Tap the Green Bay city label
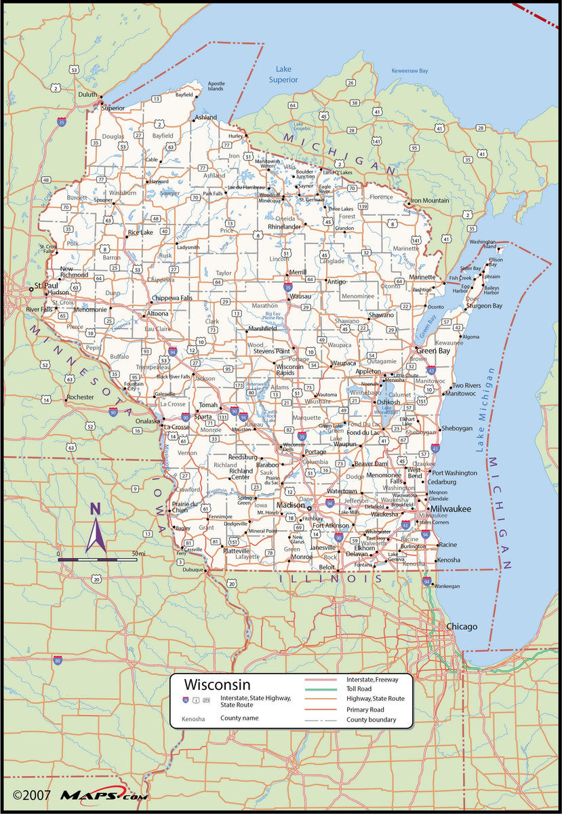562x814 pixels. (433, 351)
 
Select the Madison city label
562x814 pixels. (290, 505)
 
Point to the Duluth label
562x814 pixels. (87, 95)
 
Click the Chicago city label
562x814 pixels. (461, 626)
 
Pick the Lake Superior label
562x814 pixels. (283, 75)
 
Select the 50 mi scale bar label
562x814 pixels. (139, 554)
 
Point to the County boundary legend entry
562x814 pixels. (372, 719)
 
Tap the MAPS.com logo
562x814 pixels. (93, 794)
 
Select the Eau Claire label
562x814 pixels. (159, 328)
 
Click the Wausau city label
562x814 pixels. (300, 296)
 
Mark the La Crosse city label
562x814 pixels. (176, 427)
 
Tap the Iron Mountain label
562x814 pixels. (430, 200)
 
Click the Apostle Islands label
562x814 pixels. (216, 86)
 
